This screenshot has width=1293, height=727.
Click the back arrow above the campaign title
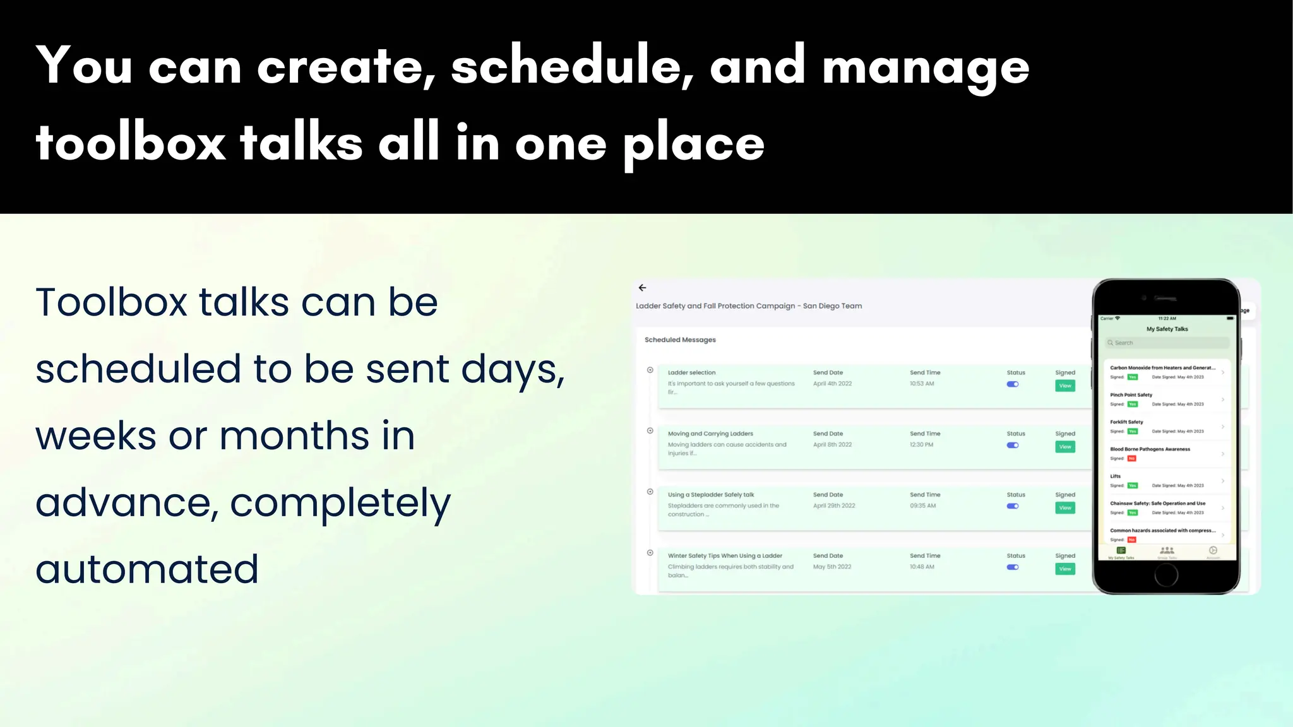642,288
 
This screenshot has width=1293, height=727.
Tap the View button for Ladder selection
1065,386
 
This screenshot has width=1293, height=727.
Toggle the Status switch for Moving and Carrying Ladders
1013,446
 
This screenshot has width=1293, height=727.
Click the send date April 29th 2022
834,505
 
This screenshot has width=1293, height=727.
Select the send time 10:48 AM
922,567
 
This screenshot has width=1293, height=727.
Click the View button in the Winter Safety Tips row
1065,569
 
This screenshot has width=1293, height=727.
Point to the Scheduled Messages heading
680,340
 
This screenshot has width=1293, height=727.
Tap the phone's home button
1166,575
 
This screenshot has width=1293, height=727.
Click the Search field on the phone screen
1167,343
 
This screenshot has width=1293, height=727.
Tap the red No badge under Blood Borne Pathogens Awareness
1132,459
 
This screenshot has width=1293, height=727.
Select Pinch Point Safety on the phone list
1131,395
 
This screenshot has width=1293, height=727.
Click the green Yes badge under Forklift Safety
1133,432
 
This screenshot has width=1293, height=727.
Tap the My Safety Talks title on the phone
1167,329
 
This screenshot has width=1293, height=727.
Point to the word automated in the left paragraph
147,569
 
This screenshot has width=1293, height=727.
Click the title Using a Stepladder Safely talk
711,495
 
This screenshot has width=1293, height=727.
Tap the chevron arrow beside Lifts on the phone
1223,481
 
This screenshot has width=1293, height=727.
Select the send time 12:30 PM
921,445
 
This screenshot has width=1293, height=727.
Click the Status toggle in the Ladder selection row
1013,384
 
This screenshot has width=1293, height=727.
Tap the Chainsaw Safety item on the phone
1157,504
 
